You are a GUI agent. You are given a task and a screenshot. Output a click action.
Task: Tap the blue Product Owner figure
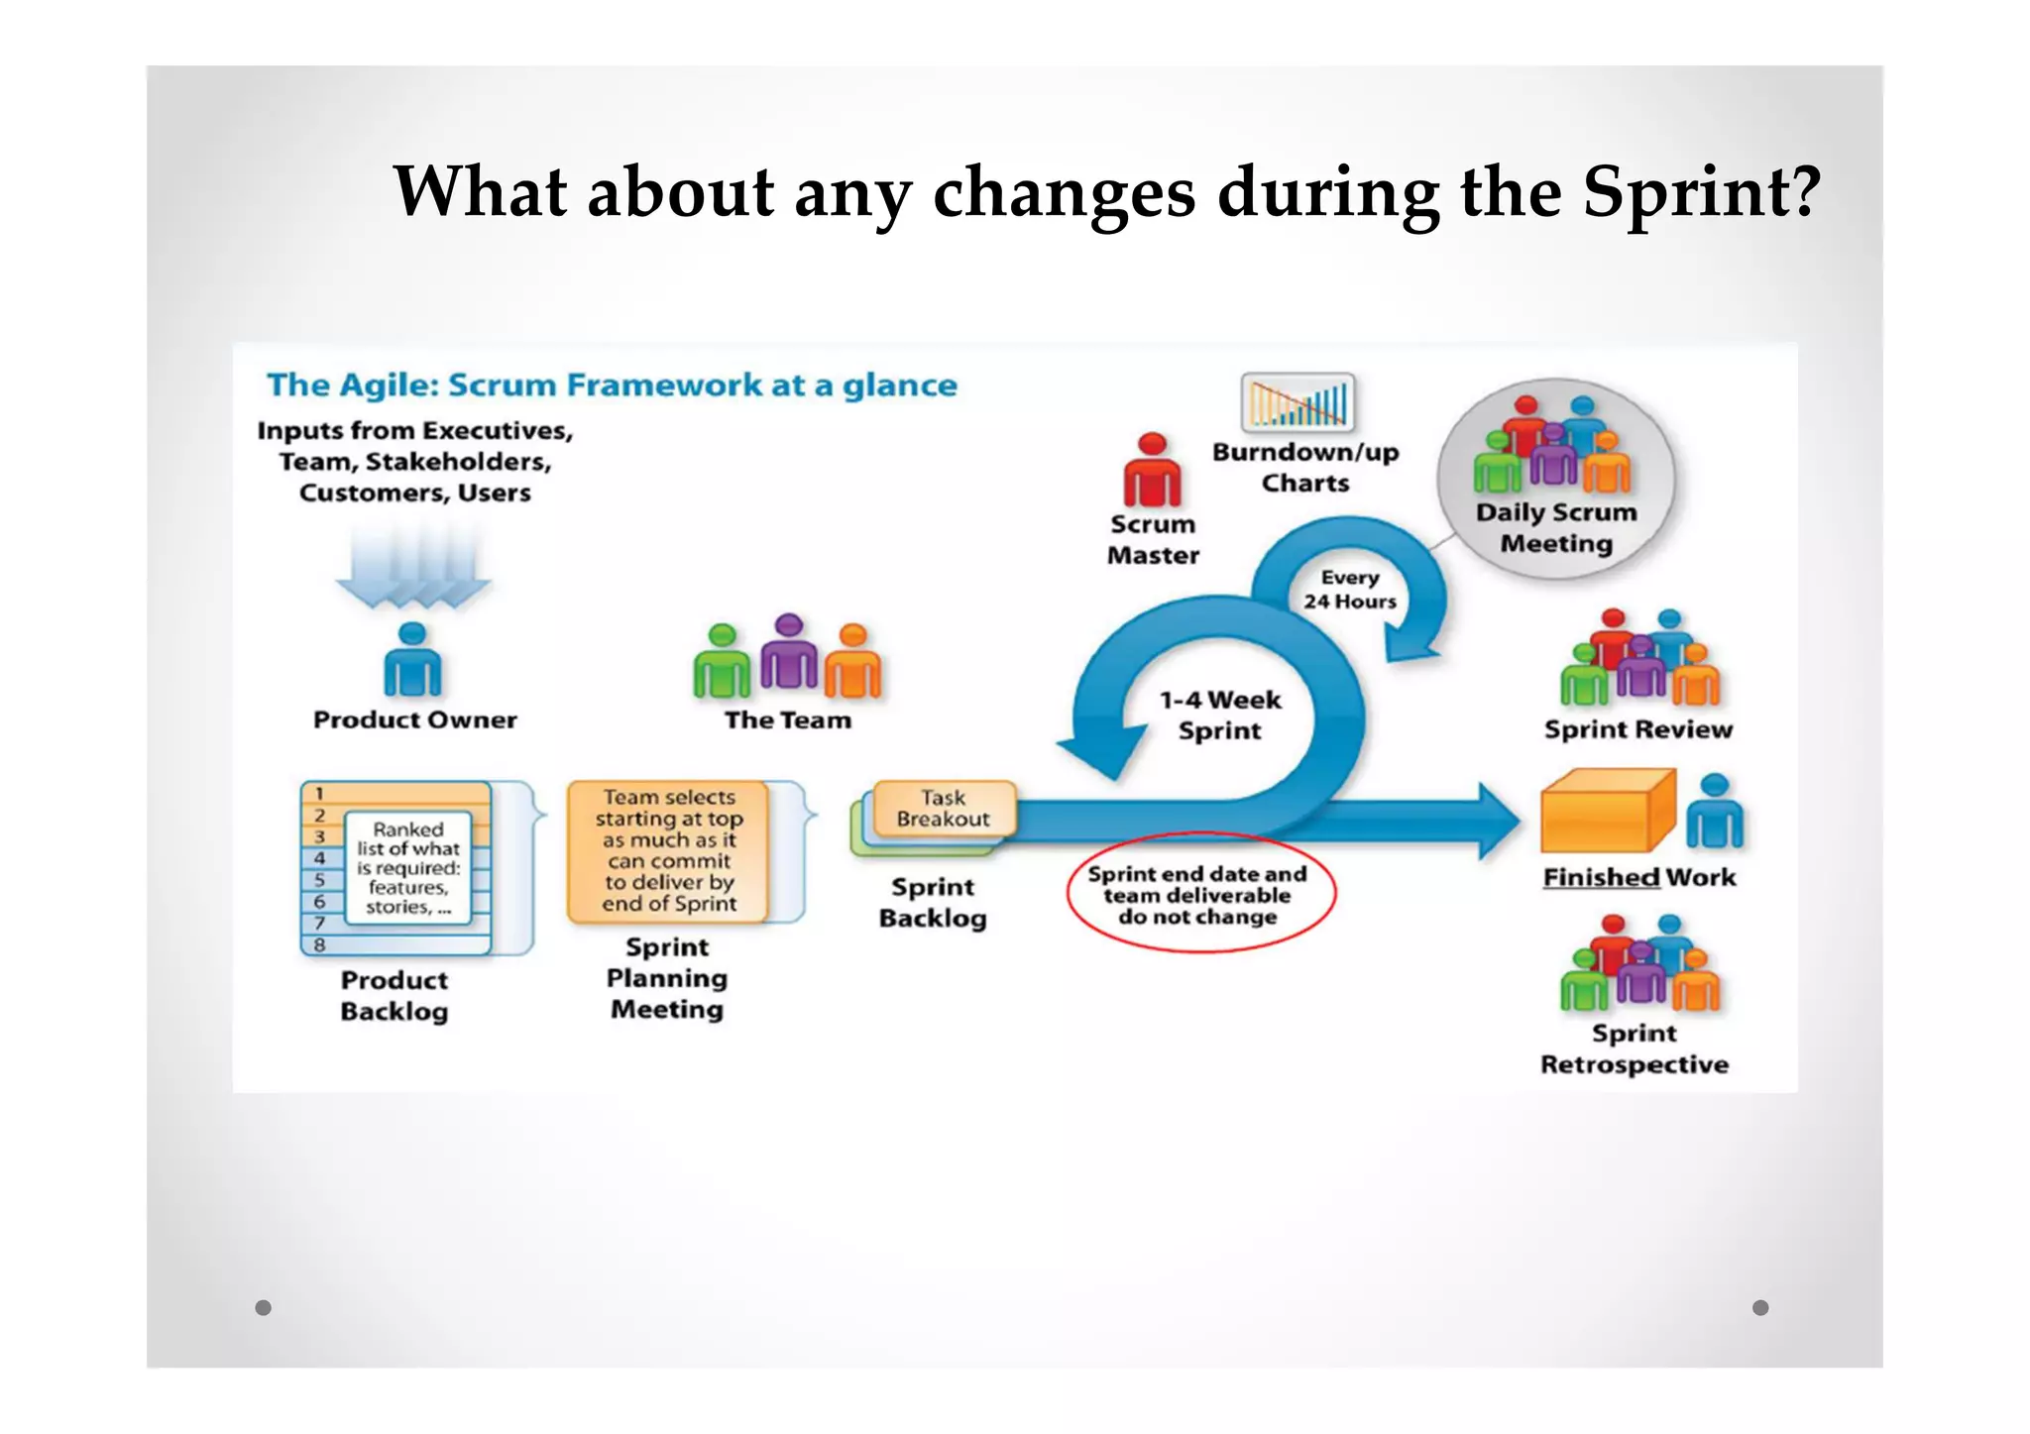[412, 661]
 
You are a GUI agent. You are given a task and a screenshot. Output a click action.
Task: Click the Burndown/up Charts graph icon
[1297, 402]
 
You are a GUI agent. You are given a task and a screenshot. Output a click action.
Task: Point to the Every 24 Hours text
[1349, 590]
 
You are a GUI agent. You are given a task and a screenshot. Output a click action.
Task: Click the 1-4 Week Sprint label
[1220, 716]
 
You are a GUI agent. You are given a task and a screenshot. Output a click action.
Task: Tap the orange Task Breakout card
[943, 809]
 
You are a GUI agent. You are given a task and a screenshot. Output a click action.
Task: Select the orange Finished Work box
[1607, 812]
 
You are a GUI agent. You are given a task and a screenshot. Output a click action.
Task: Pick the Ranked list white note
[408, 867]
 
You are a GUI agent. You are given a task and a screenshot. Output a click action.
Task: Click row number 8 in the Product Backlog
[320, 945]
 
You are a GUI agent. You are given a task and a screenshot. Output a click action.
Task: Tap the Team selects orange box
[669, 850]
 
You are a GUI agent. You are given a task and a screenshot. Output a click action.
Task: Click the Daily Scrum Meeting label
[1556, 528]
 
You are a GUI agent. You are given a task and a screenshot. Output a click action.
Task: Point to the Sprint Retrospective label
[1635, 1048]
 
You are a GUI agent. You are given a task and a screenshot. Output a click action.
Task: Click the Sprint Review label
[1638, 729]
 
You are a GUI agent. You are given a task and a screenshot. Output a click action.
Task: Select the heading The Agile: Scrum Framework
[612, 385]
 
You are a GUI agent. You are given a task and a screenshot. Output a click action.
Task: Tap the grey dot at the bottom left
[263, 1307]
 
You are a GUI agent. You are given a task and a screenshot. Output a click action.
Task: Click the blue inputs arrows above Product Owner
[413, 567]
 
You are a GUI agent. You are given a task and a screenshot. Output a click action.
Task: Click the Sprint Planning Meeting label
[667, 978]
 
